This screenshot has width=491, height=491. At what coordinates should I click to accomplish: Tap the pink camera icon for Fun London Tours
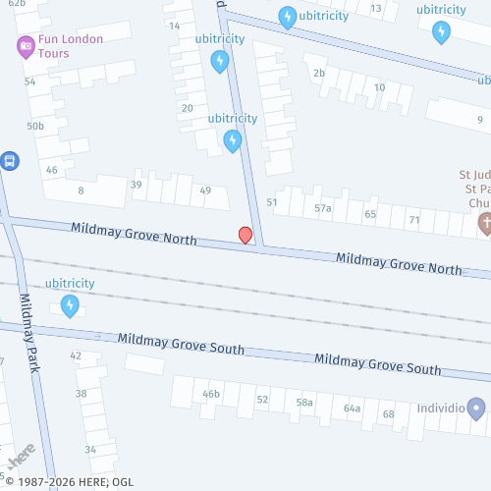point(26,45)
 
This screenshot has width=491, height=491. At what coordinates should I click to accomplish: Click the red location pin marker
point(245,235)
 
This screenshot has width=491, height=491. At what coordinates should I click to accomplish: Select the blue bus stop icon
point(10,160)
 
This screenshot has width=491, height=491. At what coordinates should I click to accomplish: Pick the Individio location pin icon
point(476,407)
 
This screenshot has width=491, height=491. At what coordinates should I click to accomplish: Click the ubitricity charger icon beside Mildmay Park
point(70,306)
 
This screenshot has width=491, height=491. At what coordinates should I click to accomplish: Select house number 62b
point(16,4)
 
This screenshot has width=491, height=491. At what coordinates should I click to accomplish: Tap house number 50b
point(35,126)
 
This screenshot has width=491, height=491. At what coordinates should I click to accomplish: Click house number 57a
point(323,208)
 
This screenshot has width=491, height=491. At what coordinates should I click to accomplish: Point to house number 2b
point(318,73)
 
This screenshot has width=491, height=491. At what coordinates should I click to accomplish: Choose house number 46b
point(211,394)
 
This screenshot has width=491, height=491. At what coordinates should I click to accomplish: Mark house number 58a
point(304,402)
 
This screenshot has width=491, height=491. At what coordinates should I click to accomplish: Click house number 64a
point(352,408)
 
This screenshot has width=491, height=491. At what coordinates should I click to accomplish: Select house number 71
point(414,220)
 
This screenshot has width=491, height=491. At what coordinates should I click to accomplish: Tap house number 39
point(136,185)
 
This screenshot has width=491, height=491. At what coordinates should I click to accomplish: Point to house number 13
point(376,8)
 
